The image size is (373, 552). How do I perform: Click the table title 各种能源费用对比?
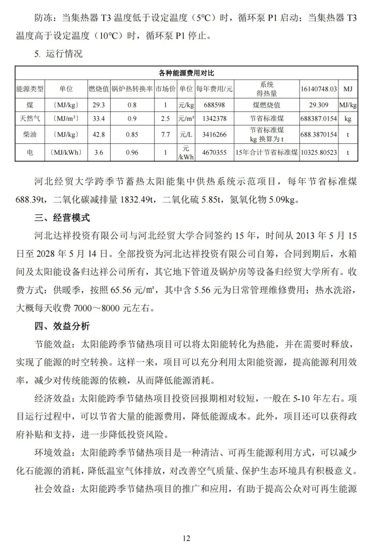(186, 73)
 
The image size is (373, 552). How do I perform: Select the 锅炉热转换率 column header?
(132, 89)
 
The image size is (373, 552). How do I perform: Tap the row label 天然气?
(30, 118)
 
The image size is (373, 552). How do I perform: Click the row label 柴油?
(30, 134)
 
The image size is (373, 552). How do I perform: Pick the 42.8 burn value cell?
(98, 134)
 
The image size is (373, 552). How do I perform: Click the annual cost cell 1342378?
(214, 118)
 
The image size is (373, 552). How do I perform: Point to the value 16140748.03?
(318, 89)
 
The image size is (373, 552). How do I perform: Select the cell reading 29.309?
(318, 105)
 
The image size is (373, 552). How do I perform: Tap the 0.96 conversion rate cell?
(132, 152)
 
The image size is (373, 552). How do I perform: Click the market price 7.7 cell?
(165, 134)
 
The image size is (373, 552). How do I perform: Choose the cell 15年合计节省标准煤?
(266, 152)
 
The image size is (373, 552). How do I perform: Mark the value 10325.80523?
(318, 152)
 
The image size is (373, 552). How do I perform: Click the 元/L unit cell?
(186, 134)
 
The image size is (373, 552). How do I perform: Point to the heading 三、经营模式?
(62, 218)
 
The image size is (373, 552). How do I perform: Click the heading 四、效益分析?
(62, 326)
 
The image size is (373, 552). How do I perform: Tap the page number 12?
(186, 538)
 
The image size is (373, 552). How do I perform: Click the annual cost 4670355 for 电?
(214, 152)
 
